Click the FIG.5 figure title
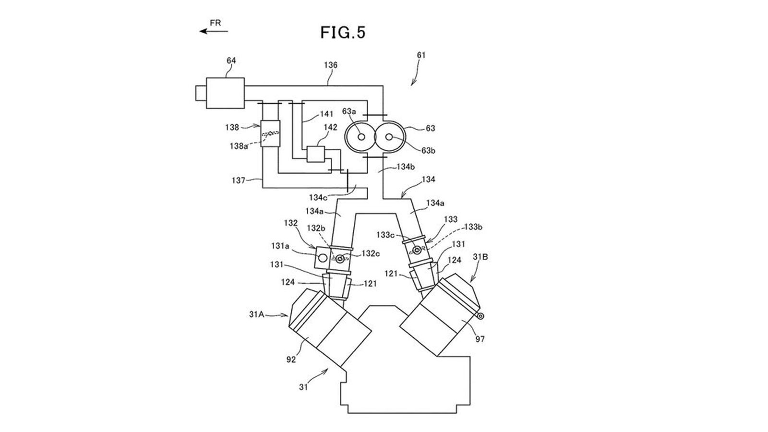click(343, 33)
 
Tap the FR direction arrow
click(214, 31)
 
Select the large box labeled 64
click(225, 93)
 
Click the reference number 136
click(331, 65)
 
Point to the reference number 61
click(421, 55)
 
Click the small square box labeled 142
click(315, 154)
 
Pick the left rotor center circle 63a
click(361, 137)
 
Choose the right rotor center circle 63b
click(389, 137)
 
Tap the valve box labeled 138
click(270, 134)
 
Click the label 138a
click(239, 146)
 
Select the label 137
click(239, 180)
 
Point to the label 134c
click(318, 197)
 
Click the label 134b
click(406, 167)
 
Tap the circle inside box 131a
click(322, 258)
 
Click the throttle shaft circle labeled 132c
click(340, 259)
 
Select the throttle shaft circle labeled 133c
click(417, 250)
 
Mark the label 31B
click(480, 257)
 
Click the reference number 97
click(480, 339)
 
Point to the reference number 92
click(291, 360)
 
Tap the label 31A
click(256, 314)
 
